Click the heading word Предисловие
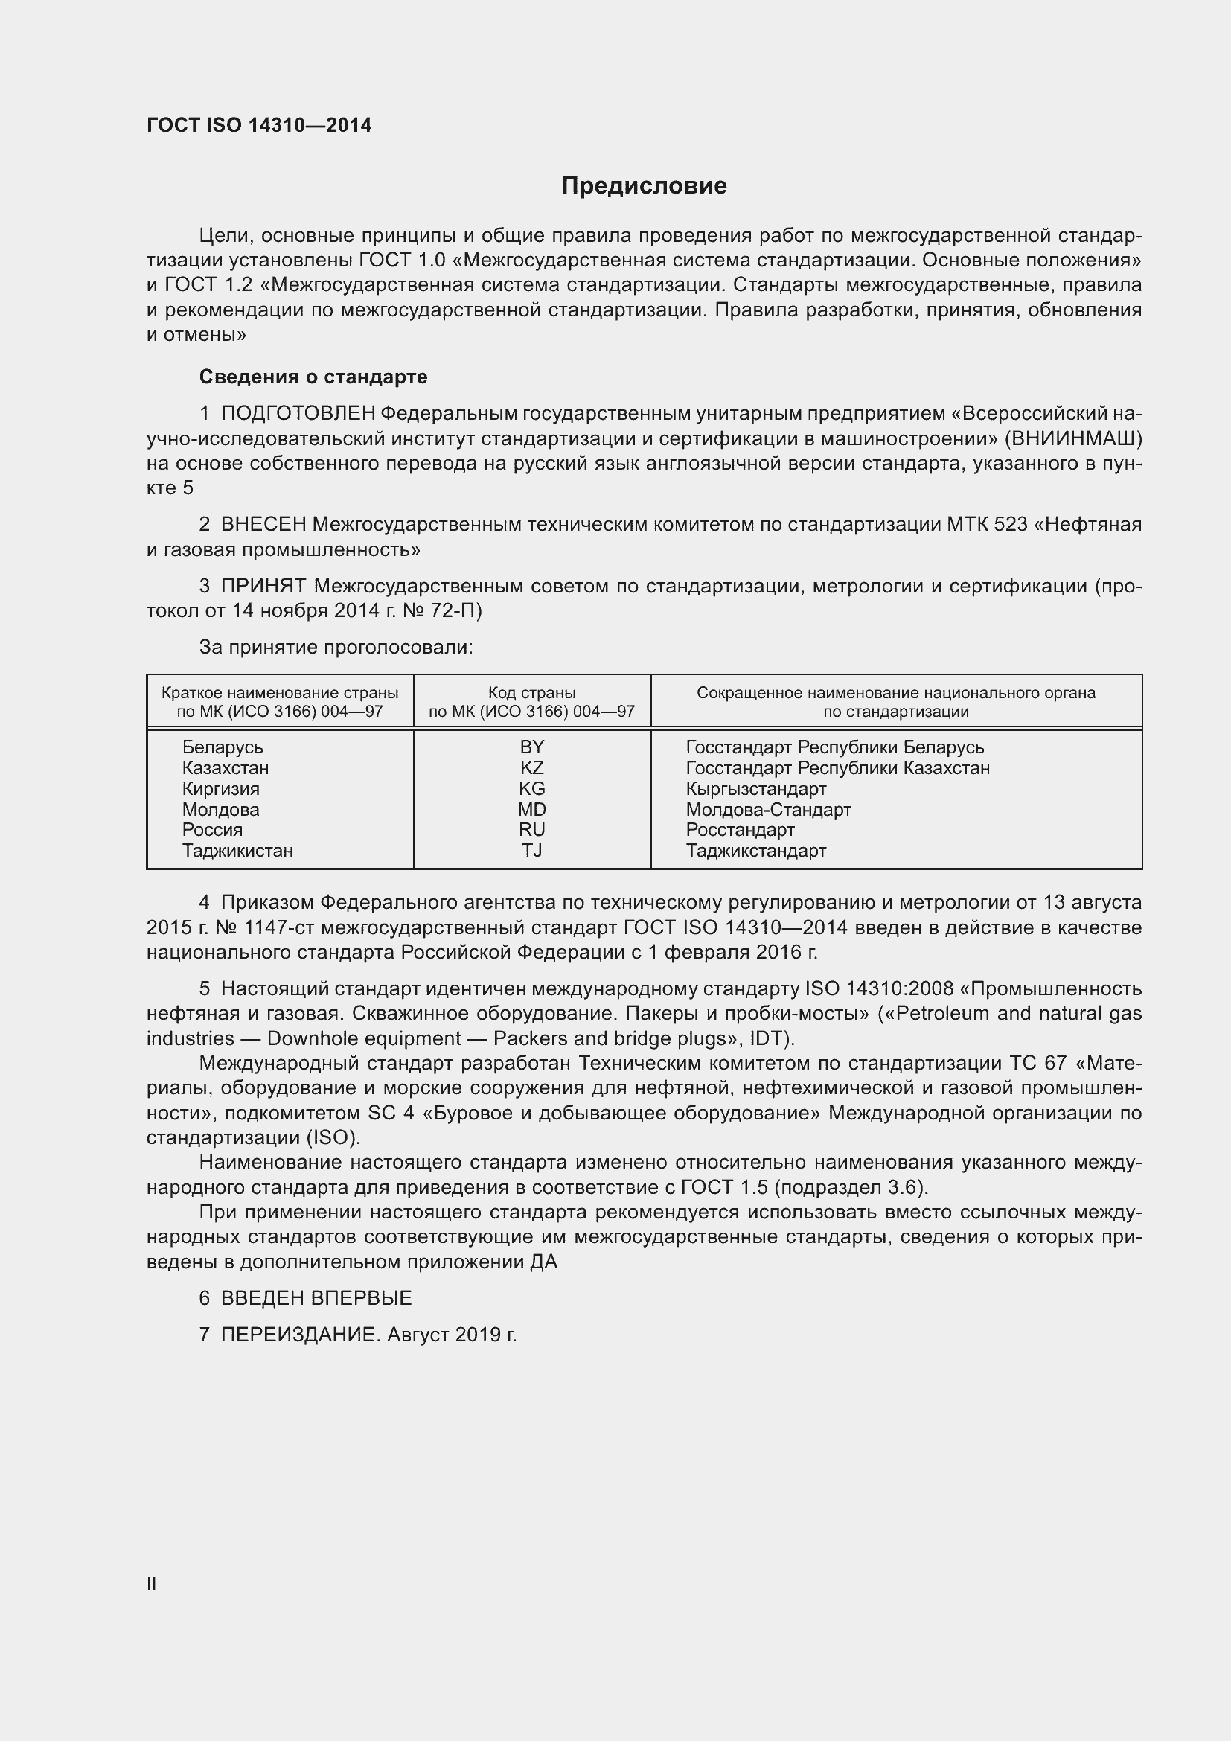coord(644,186)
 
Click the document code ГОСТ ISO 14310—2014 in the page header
coord(259,126)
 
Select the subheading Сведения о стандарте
coord(313,377)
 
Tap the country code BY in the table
coord(531,747)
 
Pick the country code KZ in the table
coord(531,767)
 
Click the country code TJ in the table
coord(531,850)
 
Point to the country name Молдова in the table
coord(220,809)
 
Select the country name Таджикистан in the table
coord(237,850)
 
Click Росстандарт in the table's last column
coord(740,829)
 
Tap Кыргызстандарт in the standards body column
coord(755,788)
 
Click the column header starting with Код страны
coord(531,701)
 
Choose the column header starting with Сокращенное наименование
coord(895,701)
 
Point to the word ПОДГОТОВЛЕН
coord(298,414)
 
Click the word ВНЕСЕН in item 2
coord(263,525)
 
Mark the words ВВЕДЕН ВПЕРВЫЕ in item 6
coord(316,1298)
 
